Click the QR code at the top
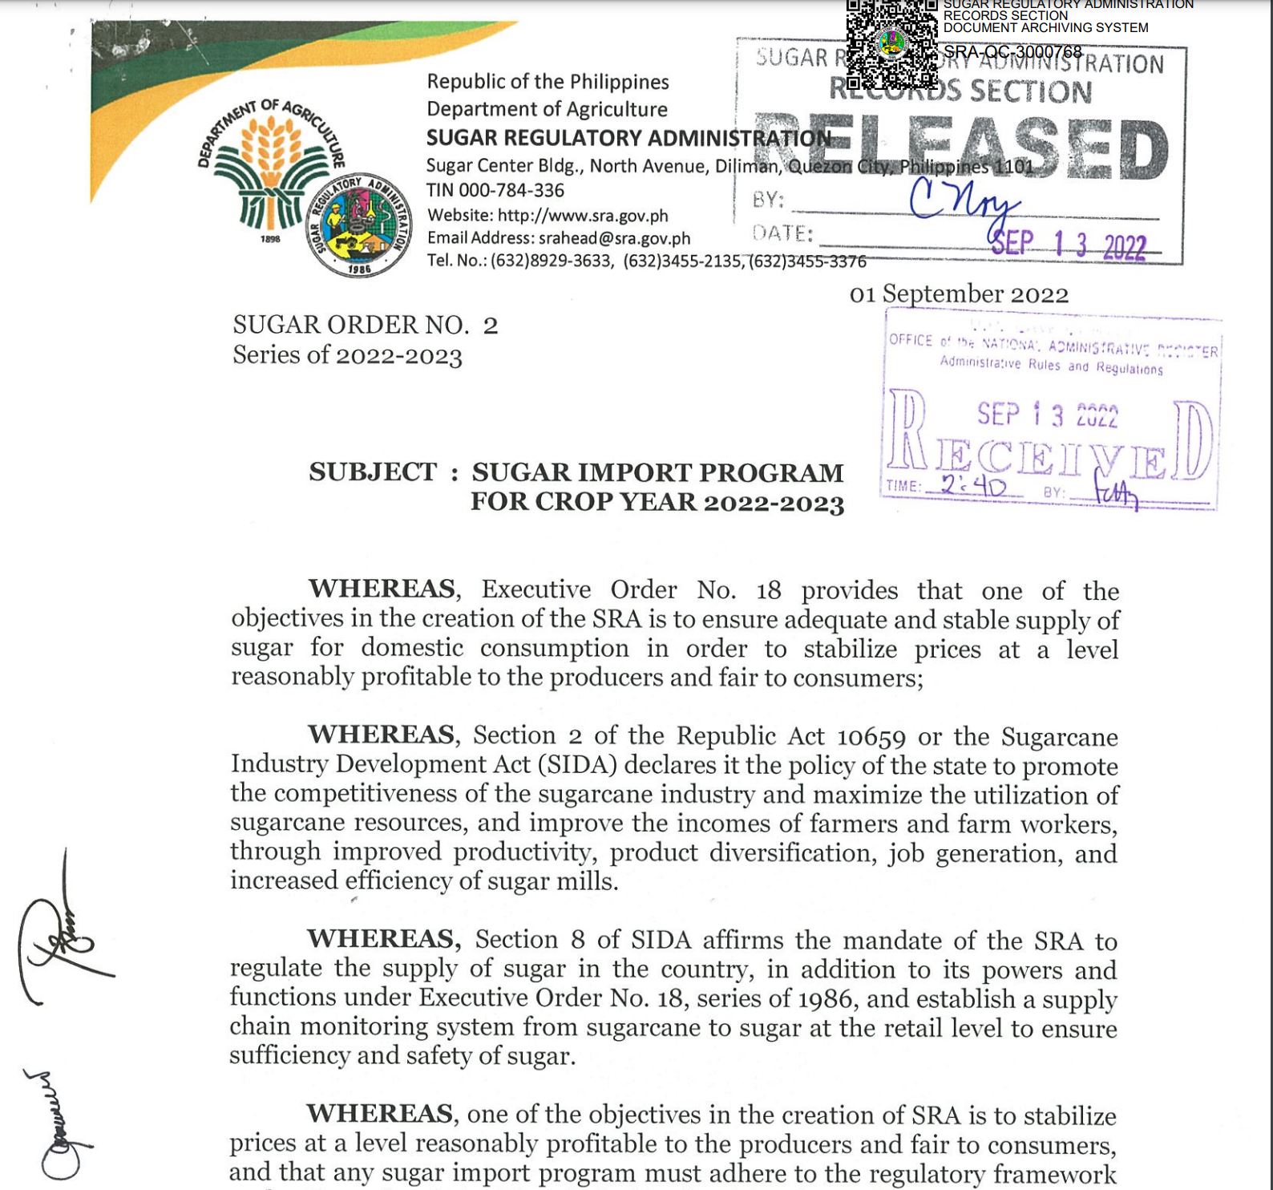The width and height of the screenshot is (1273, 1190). pos(891,44)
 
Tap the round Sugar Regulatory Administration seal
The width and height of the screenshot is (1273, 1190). pos(359,225)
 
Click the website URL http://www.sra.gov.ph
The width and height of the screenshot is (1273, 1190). pos(583,216)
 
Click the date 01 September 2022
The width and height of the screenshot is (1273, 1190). pos(959,294)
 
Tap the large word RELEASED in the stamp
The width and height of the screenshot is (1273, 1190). pos(962,148)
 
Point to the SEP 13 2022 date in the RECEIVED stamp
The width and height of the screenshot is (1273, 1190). pos(1046,415)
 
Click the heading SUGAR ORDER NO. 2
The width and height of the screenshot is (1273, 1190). pos(365,325)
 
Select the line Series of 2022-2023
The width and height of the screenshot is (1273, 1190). pos(347,355)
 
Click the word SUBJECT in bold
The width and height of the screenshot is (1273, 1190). pos(373,472)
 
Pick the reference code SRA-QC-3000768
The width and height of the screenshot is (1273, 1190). pos(1012,52)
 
